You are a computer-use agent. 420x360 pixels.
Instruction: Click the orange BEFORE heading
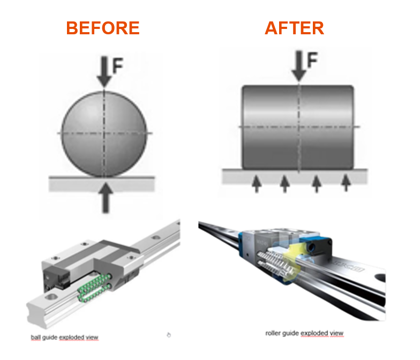tap(103, 28)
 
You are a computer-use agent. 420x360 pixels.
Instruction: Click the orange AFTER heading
tap(294, 28)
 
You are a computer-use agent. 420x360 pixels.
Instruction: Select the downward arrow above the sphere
tap(104, 73)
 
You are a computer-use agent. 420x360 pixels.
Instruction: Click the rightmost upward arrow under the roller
tap(347, 183)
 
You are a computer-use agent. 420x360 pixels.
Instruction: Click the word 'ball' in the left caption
tap(35, 337)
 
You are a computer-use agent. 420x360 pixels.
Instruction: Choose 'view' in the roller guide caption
tap(336, 333)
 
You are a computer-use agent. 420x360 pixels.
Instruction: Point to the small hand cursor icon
tap(169, 335)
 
